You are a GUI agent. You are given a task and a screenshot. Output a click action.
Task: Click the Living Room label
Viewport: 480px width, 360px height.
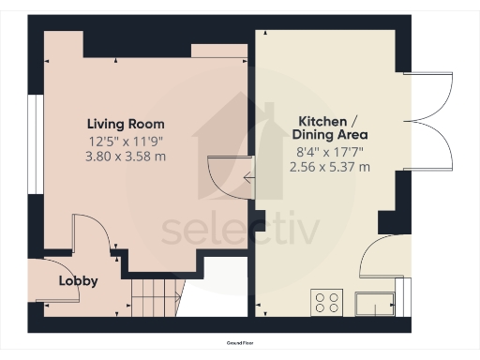click(126, 124)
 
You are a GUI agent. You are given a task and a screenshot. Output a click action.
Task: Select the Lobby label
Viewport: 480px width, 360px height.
click(79, 280)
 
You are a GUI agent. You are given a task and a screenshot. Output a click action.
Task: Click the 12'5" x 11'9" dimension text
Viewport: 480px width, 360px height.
click(126, 142)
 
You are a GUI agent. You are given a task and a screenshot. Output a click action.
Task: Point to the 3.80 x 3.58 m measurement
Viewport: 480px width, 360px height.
click(126, 156)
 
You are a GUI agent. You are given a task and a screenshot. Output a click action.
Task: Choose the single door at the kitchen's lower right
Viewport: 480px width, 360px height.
click(383, 257)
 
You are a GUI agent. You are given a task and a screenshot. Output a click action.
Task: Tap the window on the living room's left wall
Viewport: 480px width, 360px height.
click(31, 142)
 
